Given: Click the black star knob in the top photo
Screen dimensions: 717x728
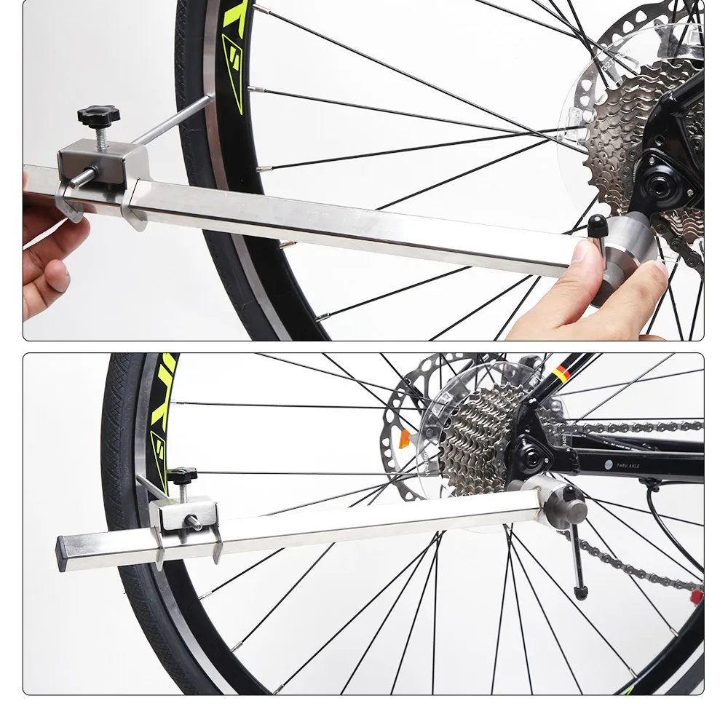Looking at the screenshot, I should (100, 115).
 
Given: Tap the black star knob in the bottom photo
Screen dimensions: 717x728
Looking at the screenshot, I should (182, 477).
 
